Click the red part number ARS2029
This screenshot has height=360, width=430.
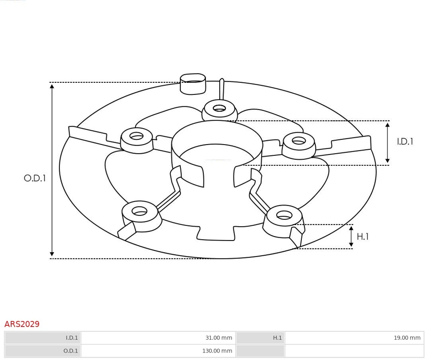tap(22, 324)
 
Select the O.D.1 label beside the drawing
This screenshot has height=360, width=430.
tap(35, 178)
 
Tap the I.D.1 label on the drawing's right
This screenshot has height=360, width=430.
tap(405, 141)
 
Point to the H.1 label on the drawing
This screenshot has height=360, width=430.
tap(362, 237)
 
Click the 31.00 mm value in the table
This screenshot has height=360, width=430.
tap(219, 338)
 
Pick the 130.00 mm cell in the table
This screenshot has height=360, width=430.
tap(217, 351)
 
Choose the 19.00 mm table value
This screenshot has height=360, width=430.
tap(407, 338)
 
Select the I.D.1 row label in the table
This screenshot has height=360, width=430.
tap(72, 338)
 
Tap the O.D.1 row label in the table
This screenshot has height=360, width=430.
tap(71, 351)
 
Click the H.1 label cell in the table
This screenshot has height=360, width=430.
tap(277, 338)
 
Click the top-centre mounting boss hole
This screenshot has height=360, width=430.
tap(219, 108)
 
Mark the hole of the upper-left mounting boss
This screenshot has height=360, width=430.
tap(137, 136)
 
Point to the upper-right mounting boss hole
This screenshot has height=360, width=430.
tap(299, 141)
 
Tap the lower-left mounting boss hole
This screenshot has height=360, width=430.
tap(139, 211)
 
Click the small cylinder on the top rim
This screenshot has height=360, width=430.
tap(193, 84)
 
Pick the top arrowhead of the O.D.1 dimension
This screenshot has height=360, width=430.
tap(52, 86)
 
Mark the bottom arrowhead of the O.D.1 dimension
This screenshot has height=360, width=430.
tap(52, 254)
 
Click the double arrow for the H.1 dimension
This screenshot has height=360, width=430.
tap(351, 237)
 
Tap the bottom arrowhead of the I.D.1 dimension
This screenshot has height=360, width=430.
tap(387, 160)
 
